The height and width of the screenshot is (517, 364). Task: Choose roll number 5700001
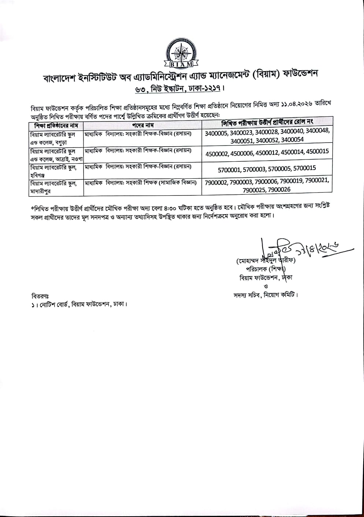230,169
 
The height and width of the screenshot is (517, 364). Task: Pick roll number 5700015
304,169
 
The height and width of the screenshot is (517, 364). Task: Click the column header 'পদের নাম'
142,125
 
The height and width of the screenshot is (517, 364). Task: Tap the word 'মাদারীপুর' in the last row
40,191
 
